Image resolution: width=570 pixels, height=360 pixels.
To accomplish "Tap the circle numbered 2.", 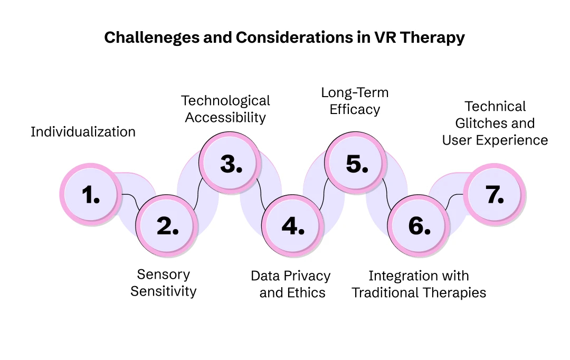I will click(167, 226).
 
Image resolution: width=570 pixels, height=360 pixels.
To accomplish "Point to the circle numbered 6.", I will click(419, 226).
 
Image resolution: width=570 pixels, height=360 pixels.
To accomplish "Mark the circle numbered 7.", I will click(495, 195).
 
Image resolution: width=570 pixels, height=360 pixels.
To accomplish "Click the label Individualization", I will click(83, 132).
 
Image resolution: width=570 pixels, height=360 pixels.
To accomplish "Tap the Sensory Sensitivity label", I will click(163, 283).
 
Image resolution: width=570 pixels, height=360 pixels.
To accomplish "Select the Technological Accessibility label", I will click(225, 109).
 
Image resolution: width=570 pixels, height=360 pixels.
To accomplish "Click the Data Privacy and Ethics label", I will click(291, 284).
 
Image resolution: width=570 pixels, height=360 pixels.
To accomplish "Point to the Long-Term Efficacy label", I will click(355, 101).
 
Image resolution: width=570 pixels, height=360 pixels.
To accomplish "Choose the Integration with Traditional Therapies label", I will click(419, 284).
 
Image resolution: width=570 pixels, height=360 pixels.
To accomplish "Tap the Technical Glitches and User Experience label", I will click(495, 123).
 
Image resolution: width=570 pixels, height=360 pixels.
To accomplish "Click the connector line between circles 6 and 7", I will click(453, 200).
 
